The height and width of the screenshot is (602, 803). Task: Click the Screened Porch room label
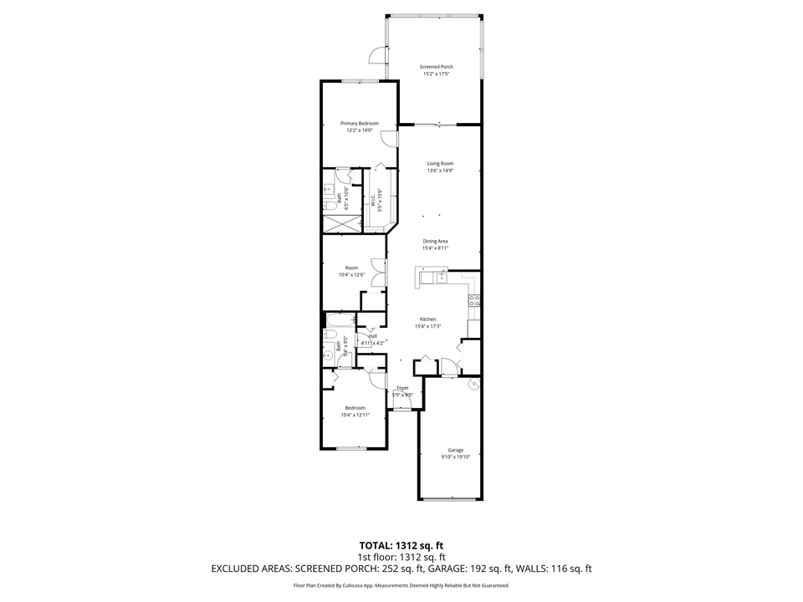[436, 67]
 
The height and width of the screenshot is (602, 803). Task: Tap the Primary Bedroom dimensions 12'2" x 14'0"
[362, 130]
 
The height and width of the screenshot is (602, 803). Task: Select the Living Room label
[440, 164]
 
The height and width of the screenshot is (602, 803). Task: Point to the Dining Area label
[435, 241]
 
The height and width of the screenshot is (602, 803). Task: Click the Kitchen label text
[427, 319]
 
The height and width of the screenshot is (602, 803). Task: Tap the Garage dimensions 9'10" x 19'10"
[456, 457]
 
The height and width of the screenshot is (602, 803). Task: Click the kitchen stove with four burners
[474, 300]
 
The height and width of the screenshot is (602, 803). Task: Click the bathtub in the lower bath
[340, 320]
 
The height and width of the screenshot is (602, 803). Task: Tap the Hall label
[372, 336]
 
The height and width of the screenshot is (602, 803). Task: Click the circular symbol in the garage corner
[473, 384]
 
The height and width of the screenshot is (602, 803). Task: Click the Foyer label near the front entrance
[402, 388]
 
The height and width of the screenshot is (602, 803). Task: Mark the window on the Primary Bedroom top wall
[360, 81]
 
